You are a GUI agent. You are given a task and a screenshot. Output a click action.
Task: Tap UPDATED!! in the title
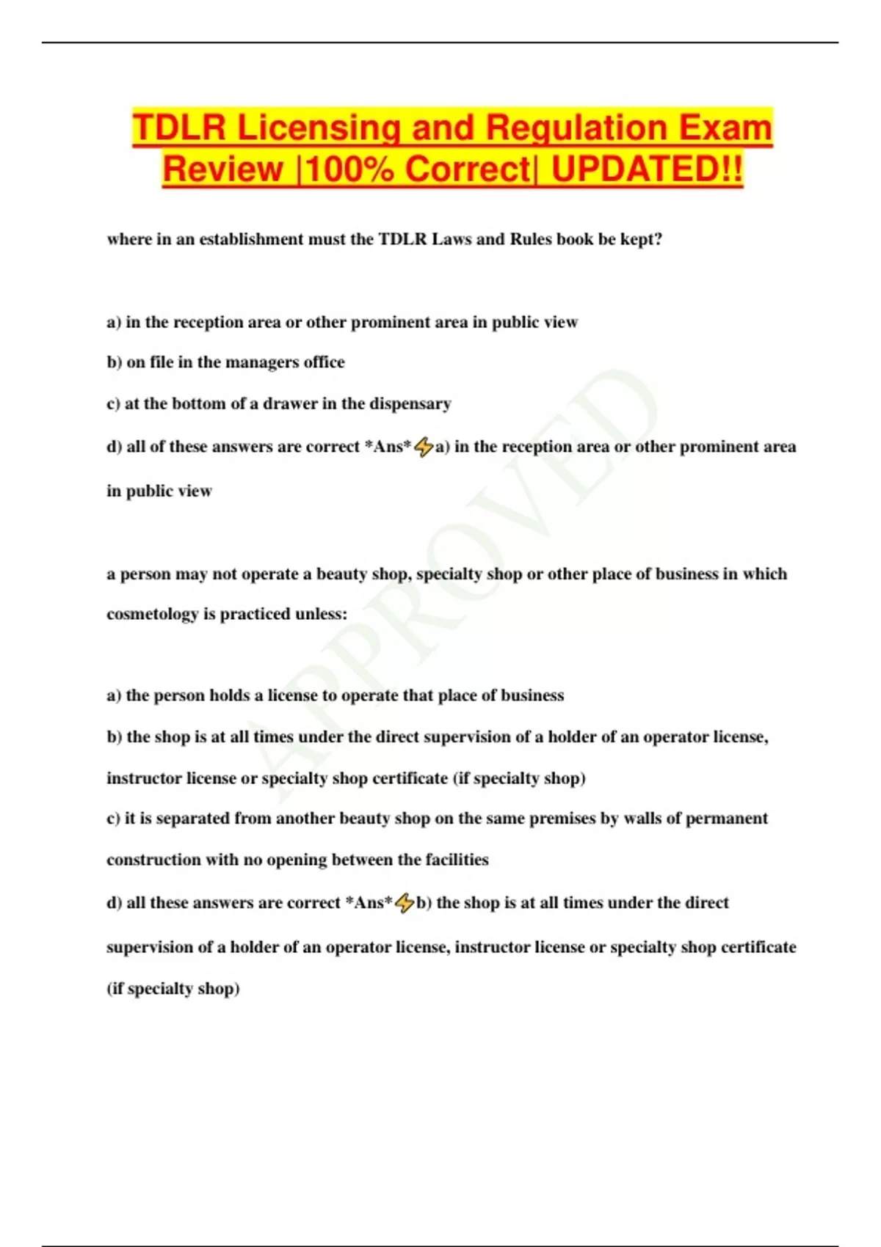coord(647,169)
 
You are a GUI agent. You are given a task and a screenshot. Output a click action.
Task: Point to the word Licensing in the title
coord(319,128)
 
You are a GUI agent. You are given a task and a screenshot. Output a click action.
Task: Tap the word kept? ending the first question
coord(641,239)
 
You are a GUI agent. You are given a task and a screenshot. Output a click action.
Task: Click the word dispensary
coord(410,403)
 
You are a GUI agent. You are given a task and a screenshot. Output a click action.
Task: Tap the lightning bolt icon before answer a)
coord(424,447)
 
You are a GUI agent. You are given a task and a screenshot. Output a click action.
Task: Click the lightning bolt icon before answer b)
coord(405,903)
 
